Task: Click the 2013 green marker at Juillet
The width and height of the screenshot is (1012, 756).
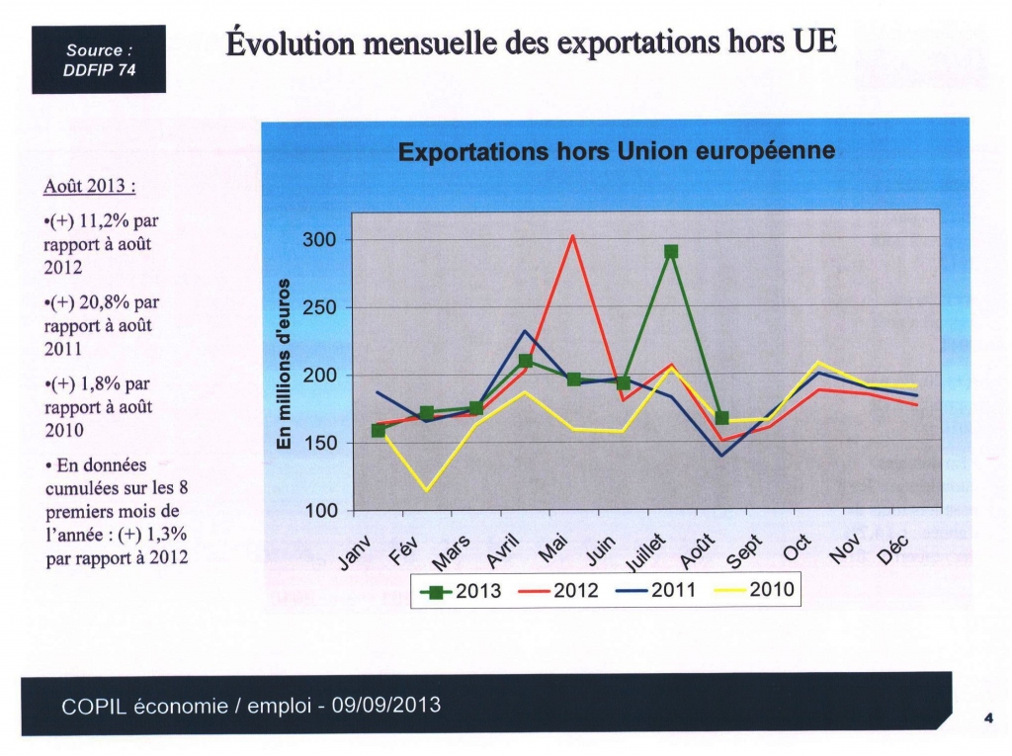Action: click(x=671, y=251)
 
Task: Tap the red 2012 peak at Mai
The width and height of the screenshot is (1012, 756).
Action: click(x=572, y=235)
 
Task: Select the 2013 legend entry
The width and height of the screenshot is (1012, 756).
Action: click(x=461, y=591)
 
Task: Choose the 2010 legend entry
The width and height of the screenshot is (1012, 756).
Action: click(x=753, y=589)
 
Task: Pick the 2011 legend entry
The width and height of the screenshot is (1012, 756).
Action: click(x=656, y=590)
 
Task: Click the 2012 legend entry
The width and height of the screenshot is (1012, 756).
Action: click(x=558, y=590)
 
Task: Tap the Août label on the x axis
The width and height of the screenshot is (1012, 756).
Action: click(x=698, y=551)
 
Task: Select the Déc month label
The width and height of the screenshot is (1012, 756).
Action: click(x=893, y=549)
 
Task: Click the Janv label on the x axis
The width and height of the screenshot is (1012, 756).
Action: click(x=355, y=552)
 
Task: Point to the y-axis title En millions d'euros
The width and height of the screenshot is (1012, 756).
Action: click(x=283, y=364)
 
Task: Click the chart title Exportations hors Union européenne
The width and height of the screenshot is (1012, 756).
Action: click(x=617, y=151)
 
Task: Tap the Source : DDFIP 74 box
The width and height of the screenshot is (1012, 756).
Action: click(x=99, y=59)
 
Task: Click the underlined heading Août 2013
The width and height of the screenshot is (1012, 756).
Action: click(x=90, y=186)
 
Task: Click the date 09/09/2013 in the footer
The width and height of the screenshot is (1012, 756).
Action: click(x=386, y=705)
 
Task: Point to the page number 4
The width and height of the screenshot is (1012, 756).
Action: click(x=988, y=717)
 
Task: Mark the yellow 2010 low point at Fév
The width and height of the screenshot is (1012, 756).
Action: click(x=426, y=490)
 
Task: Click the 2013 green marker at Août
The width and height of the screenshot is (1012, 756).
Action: click(x=721, y=418)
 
